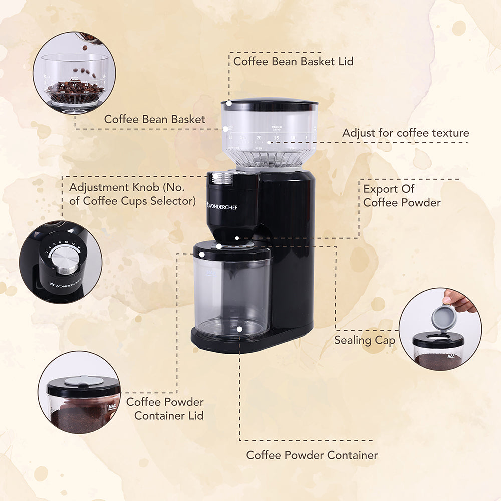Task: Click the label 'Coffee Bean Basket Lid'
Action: click(x=293, y=61)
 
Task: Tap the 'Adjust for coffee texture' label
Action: click(x=405, y=133)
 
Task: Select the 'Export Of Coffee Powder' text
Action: click(x=402, y=196)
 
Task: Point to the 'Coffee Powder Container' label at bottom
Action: click(x=312, y=455)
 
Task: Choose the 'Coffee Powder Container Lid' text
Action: click(x=165, y=408)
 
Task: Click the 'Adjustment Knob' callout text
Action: click(x=132, y=194)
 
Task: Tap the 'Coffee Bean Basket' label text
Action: click(x=154, y=119)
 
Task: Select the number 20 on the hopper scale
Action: click(x=259, y=137)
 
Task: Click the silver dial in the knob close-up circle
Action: click(x=65, y=260)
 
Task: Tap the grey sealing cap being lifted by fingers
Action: click(x=444, y=318)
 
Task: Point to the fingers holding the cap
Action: click(x=460, y=301)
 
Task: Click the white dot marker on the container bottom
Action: click(x=240, y=329)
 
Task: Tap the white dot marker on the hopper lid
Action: click(x=229, y=103)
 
